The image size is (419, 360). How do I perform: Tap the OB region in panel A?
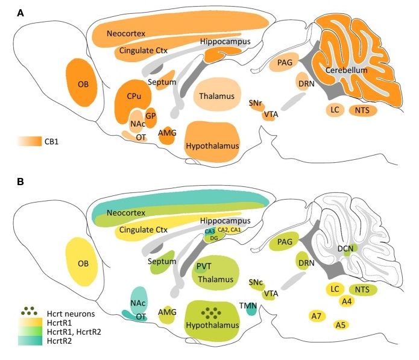tap(83, 84)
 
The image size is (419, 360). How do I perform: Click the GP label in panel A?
tap(150, 116)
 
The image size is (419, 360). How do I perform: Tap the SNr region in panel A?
tap(256, 104)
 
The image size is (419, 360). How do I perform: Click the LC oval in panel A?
tap(335, 110)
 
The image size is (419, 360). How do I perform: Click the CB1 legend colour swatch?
tap(29, 142)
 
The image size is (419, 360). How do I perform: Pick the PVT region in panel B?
tap(203, 265)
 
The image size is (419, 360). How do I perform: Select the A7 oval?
tap(316, 316)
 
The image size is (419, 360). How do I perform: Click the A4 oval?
tap(347, 301)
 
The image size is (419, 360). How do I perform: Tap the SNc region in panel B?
tap(256, 282)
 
